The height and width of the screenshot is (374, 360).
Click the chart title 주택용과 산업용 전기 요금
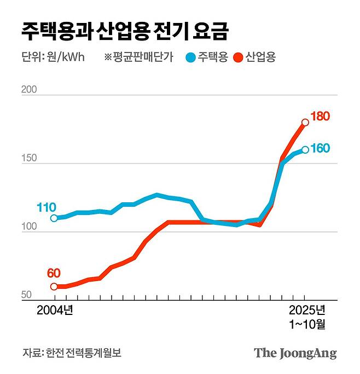tap(125, 30)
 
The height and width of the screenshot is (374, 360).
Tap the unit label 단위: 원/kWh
tap(53, 57)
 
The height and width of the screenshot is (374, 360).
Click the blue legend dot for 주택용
tap(190, 57)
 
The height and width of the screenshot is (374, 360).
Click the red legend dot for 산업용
tap(238, 57)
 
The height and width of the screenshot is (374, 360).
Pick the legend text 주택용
tap(212, 57)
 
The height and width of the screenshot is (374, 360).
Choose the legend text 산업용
tap(260, 57)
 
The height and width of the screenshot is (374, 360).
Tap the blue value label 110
tap(46, 207)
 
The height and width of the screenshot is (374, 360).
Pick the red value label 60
tap(54, 273)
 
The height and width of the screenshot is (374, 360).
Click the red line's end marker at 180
tap(305, 122)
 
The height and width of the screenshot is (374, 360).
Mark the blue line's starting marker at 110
tap(54, 218)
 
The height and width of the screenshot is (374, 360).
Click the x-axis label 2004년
tap(55, 310)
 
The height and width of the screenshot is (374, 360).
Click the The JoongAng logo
tap(295, 353)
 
